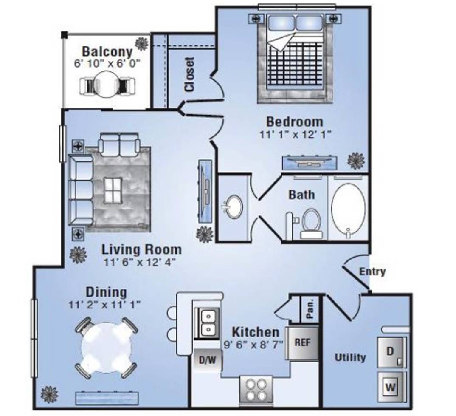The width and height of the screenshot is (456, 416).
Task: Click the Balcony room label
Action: pos(107,51)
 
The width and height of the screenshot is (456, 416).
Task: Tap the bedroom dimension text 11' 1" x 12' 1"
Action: pos(295,135)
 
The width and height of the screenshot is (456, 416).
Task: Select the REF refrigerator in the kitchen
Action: pos(302,343)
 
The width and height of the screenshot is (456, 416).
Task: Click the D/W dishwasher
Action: pos(208,360)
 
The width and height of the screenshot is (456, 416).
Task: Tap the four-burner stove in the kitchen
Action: pos(256,390)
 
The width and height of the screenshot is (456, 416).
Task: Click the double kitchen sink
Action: pos(208,323)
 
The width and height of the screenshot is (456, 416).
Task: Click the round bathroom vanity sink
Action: pos(234,207)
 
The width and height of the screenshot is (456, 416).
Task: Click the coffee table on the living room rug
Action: pos(113,190)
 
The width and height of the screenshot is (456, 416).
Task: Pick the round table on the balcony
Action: pos(107,85)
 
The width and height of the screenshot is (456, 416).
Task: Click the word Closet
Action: pos(189,74)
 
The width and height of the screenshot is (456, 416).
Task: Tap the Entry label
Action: pos(372,272)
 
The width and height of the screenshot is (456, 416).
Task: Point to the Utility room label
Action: pos(350,357)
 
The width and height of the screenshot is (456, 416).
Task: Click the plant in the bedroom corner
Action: pos(356,160)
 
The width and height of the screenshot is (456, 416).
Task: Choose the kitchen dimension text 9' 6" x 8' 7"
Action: pos(253,345)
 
